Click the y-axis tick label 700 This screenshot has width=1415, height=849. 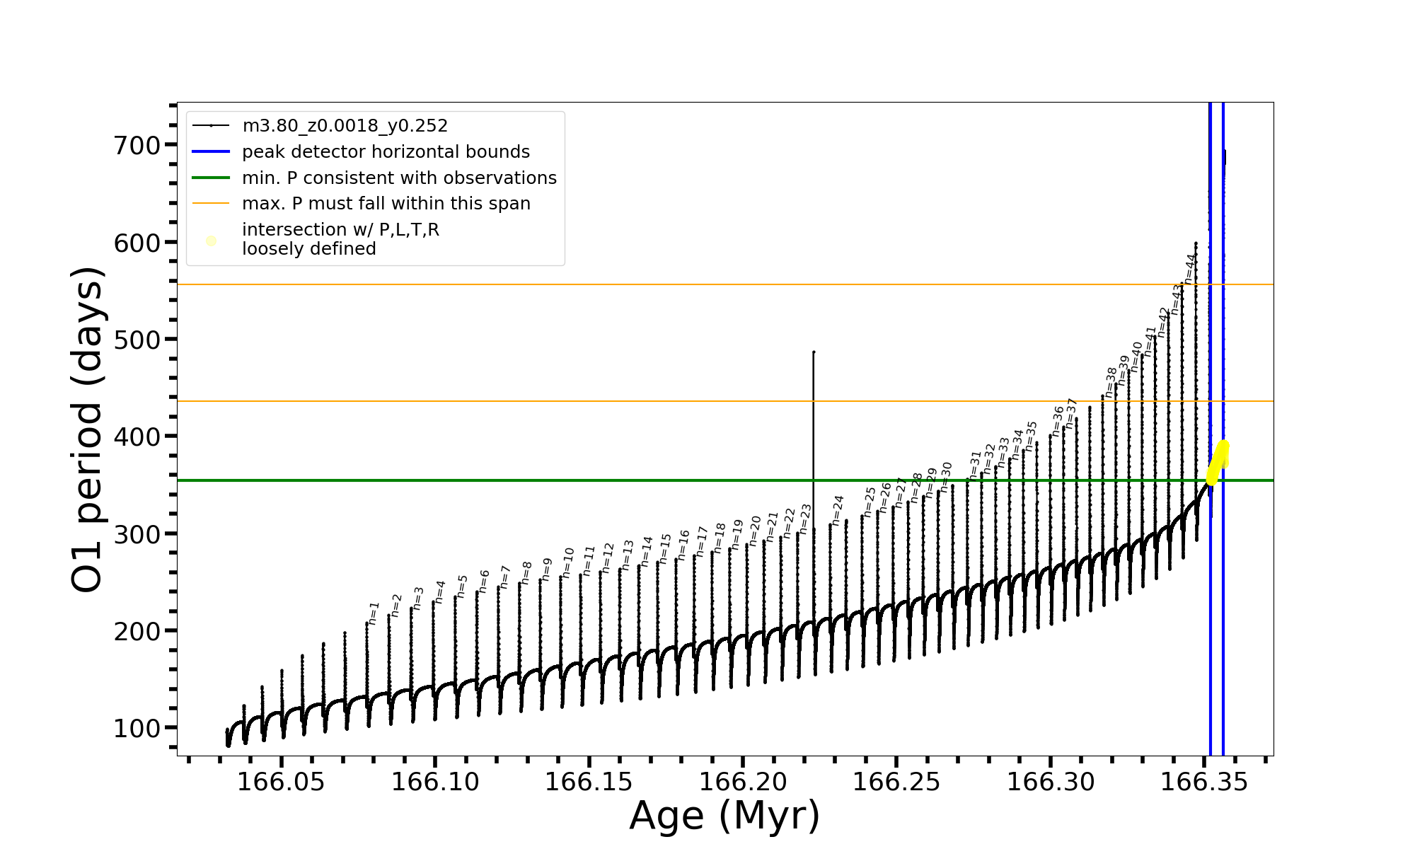pyautogui.click(x=137, y=146)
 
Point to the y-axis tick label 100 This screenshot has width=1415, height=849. pyautogui.click(x=137, y=729)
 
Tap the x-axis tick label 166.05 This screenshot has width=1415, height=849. pyautogui.click(x=281, y=782)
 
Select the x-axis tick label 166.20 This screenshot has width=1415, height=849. pyautogui.click(x=743, y=782)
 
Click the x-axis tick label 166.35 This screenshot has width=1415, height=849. pyautogui.click(x=1205, y=782)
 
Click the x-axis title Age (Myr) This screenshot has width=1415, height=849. pyautogui.click(x=724, y=816)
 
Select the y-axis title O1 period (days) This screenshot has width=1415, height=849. pyautogui.click(x=88, y=429)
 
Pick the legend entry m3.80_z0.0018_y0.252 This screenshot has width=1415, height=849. pyautogui.click(x=345, y=126)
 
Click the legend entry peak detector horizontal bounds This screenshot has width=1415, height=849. pyautogui.click(x=386, y=152)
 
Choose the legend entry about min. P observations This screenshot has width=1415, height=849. pyautogui.click(x=399, y=178)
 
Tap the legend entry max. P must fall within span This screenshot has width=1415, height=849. pyautogui.click(x=386, y=204)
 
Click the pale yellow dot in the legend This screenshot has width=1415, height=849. pyautogui.click(x=211, y=241)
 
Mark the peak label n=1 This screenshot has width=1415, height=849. pyautogui.click(x=374, y=613)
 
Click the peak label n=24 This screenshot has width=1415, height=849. pyautogui.click(x=838, y=509)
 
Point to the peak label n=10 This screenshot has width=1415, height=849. pyautogui.click(x=568, y=562)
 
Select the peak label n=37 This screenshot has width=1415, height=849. pyautogui.click(x=1071, y=412)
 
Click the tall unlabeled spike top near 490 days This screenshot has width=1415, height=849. pyautogui.click(x=814, y=352)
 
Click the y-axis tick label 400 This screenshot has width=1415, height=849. pyautogui.click(x=137, y=437)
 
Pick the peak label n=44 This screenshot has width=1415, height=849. pyautogui.click(x=1190, y=268)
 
